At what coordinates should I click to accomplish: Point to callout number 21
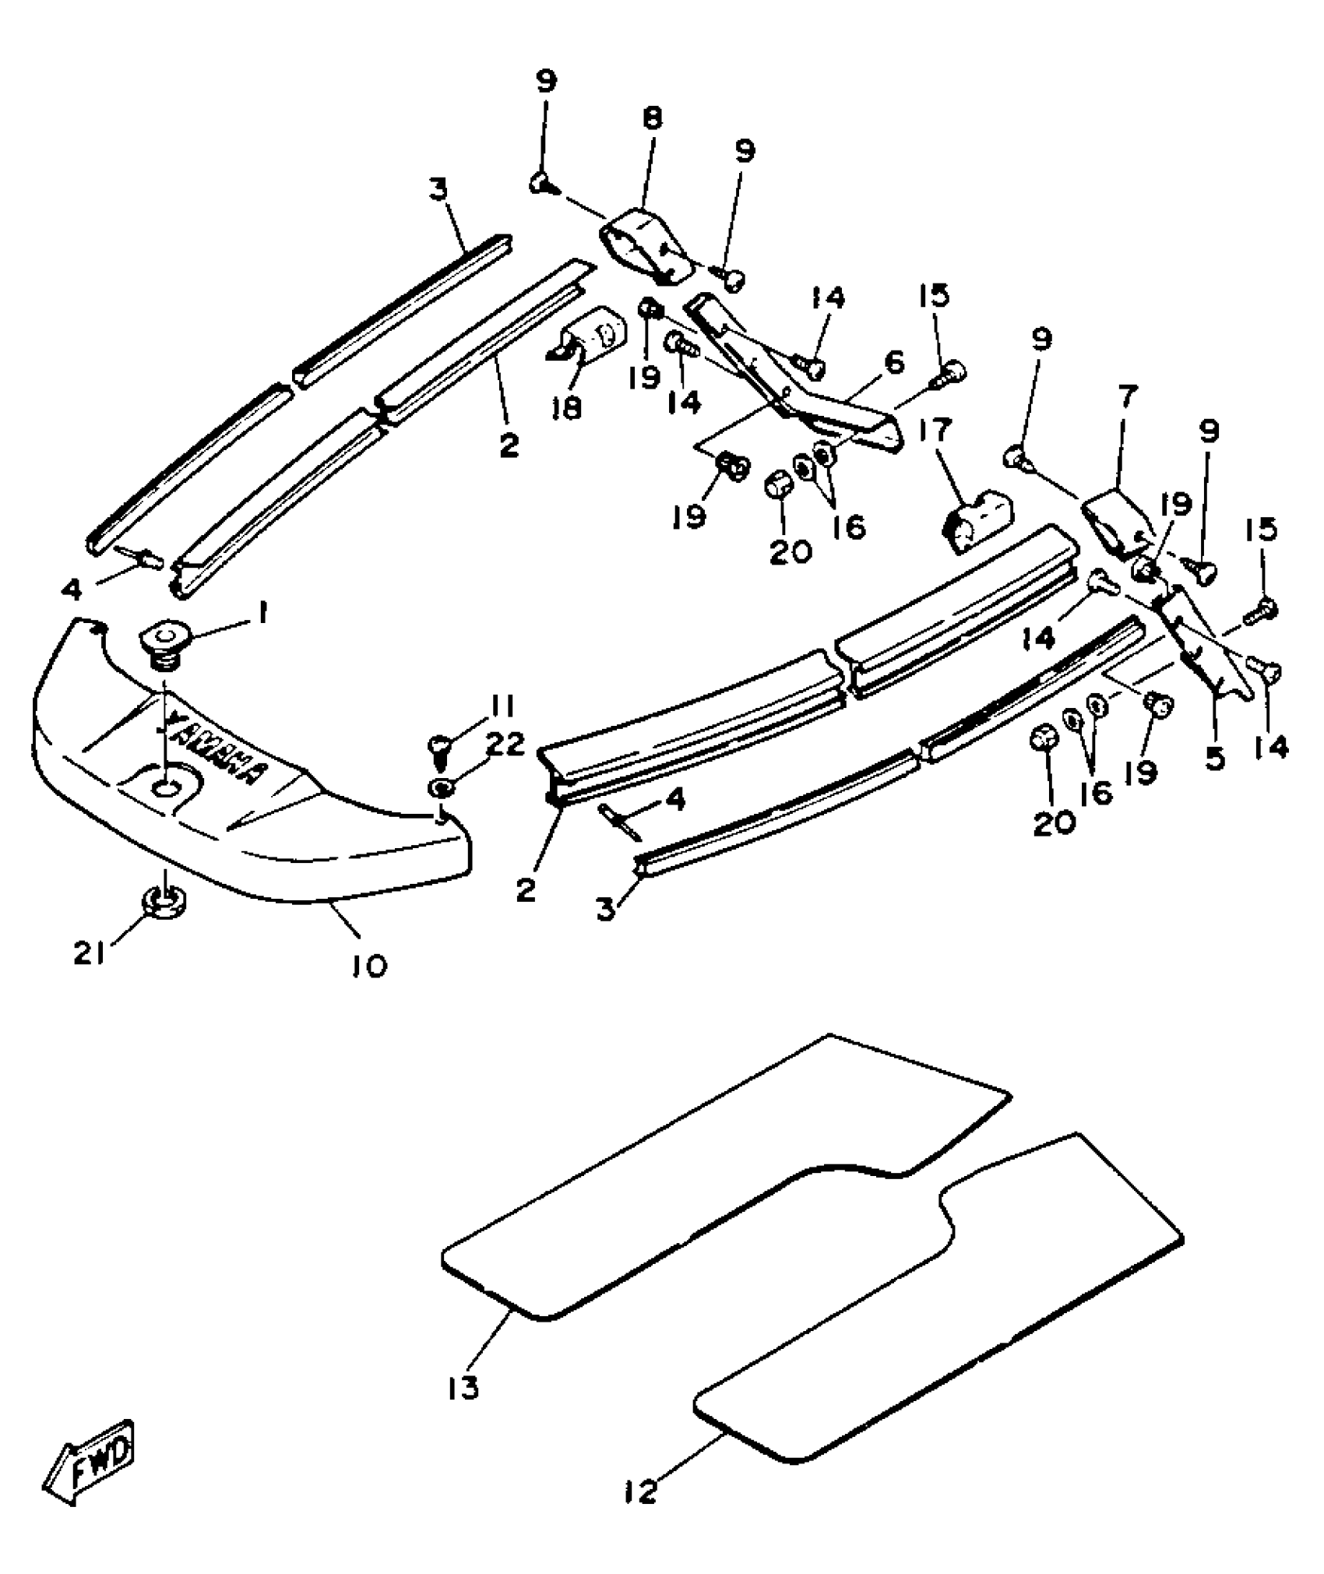pos(89,953)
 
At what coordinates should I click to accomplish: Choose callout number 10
pos(368,966)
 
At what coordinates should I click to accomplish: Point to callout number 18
pos(570,407)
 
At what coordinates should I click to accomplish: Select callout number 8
pos(652,118)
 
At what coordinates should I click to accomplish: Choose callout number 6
pos(894,363)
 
